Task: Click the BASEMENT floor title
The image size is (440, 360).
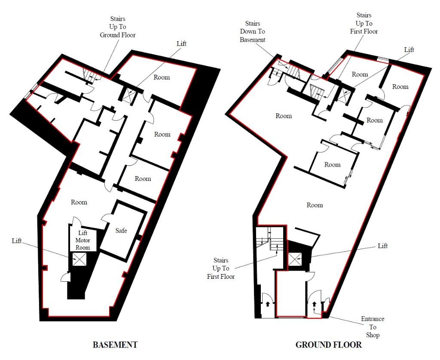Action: click(x=115, y=345)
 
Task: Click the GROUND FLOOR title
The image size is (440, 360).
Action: click(x=328, y=345)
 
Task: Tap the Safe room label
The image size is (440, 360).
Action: click(x=121, y=231)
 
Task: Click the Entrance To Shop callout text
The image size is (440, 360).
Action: click(x=373, y=327)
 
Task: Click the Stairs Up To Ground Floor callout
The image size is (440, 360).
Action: click(x=117, y=27)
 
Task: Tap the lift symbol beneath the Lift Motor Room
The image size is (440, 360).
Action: click(x=79, y=259)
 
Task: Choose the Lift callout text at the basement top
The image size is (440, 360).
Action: click(x=182, y=44)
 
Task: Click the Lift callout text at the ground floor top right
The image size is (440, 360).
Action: click(x=409, y=50)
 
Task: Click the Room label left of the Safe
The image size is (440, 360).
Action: click(x=79, y=202)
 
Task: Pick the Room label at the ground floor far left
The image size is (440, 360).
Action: click(x=284, y=116)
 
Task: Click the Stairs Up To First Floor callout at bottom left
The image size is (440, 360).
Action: click(x=221, y=268)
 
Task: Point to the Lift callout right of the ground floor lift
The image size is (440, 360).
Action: click(x=382, y=246)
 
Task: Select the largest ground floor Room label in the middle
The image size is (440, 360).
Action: click(x=315, y=205)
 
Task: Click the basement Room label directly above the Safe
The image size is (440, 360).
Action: click(x=143, y=179)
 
